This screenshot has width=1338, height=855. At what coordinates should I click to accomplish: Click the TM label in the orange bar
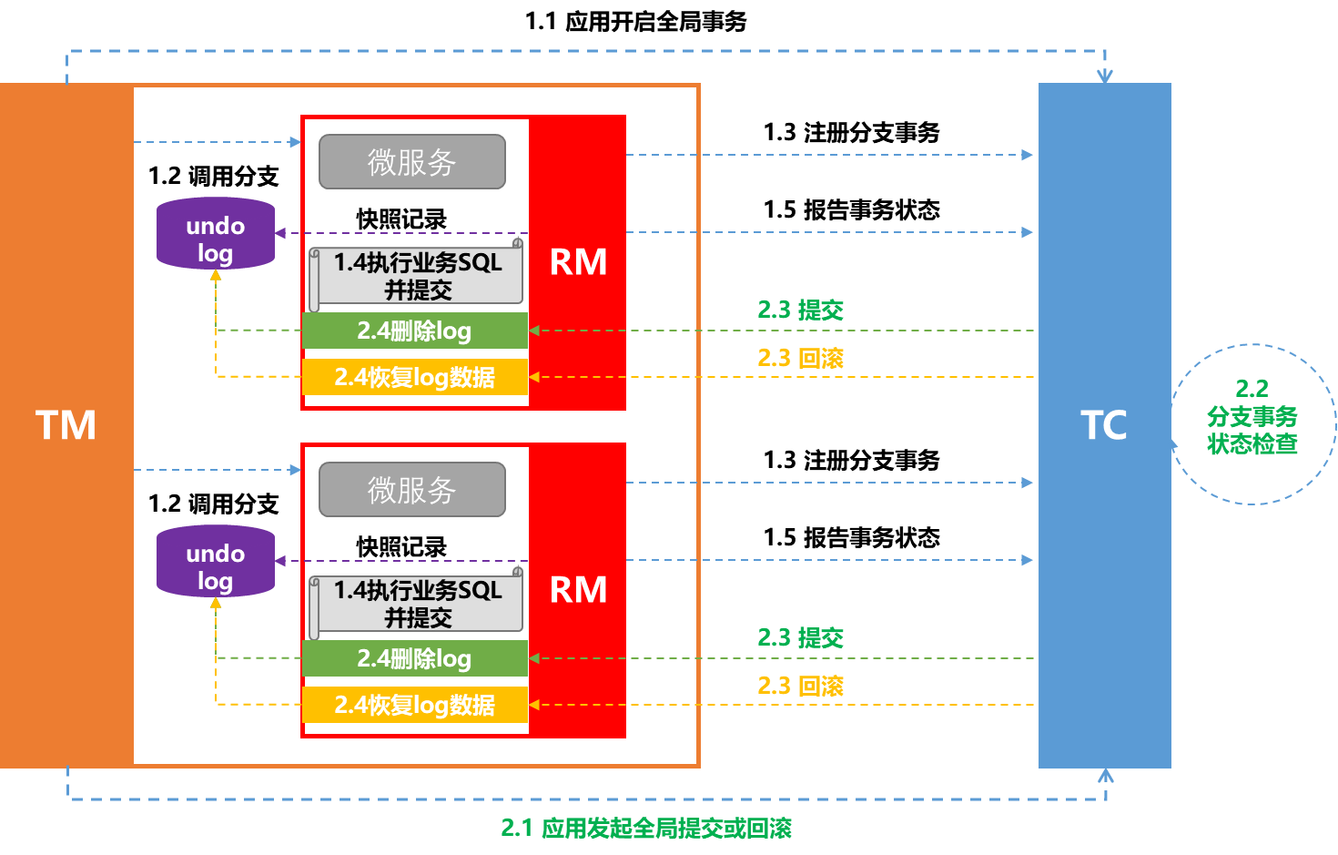click(66, 425)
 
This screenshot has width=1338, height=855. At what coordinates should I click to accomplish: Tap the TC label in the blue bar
click(1103, 425)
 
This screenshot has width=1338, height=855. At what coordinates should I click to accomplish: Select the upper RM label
click(578, 262)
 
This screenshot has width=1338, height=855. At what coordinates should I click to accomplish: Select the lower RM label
click(578, 590)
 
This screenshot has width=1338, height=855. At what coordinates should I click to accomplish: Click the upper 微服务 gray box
click(411, 162)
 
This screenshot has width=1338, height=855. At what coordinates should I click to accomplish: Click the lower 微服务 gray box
click(411, 490)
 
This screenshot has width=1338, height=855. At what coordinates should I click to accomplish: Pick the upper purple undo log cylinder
click(216, 235)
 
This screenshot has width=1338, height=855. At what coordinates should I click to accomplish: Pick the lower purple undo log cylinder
click(216, 563)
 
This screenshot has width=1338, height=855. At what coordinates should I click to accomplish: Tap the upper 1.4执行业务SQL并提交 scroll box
click(417, 275)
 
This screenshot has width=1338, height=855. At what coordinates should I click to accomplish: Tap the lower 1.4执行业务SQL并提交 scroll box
click(417, 603)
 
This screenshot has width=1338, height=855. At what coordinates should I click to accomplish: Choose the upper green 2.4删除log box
click(414, 331)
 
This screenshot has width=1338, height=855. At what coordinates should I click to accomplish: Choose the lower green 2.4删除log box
click(414, 658)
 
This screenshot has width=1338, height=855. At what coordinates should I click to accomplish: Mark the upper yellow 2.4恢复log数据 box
click(414, 377)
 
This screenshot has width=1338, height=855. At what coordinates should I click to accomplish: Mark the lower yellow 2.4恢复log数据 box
click(414, 705)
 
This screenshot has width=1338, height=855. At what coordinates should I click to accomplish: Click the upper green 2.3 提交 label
click(800, 310)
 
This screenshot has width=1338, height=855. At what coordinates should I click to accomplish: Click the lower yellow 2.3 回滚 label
click(800, 686)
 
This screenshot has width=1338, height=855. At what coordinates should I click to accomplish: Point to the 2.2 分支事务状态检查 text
click(1252, 417)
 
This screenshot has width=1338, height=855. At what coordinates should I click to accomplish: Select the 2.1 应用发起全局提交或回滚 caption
click(646, 828)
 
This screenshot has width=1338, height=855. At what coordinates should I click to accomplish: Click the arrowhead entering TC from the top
click(1104, 76)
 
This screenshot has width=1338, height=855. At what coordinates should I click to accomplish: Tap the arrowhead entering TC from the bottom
click(1105, 775)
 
